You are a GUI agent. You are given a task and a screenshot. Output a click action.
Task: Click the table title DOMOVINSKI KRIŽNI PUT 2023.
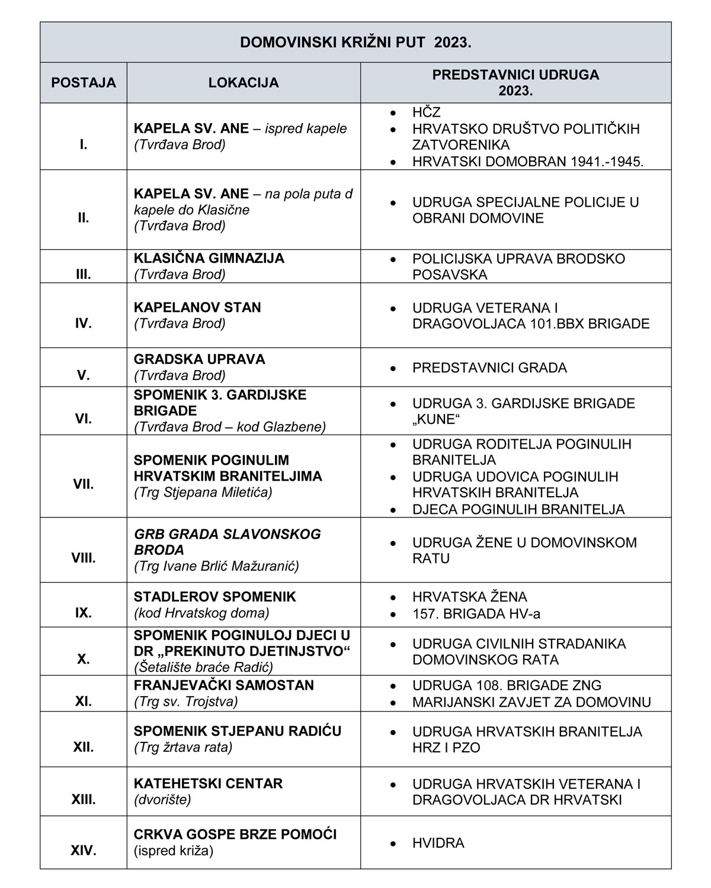[355, 43]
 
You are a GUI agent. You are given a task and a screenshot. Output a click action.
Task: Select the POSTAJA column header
[84, 83]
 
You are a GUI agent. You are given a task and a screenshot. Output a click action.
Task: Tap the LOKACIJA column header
[244, 83]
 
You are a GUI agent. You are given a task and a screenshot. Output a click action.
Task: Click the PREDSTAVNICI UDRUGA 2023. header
[515, 83]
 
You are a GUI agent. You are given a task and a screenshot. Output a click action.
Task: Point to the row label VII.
[84, 484]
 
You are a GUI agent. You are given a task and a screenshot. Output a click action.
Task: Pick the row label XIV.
[84, 851]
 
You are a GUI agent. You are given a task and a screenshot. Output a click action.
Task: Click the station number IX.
[84, 613]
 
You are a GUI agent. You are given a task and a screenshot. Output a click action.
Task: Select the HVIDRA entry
[438, 843]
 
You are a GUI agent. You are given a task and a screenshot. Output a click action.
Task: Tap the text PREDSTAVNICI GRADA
[489, 368]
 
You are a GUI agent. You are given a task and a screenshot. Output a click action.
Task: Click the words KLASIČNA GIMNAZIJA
[209, 258]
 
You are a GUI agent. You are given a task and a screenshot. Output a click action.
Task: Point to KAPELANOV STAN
[197, 307]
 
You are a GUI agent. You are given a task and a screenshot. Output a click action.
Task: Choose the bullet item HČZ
[427, 112]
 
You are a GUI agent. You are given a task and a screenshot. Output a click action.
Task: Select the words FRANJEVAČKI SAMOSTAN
[224, 685]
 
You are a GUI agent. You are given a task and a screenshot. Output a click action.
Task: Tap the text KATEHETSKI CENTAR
[209, 783]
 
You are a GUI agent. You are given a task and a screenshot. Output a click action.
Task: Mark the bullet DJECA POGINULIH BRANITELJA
[518, 509]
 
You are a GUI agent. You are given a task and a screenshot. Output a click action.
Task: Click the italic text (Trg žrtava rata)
[183, 747]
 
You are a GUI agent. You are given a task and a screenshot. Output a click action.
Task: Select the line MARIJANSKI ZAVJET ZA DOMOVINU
[531, 702]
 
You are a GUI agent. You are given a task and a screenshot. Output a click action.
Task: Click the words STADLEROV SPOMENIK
[215, 597]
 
